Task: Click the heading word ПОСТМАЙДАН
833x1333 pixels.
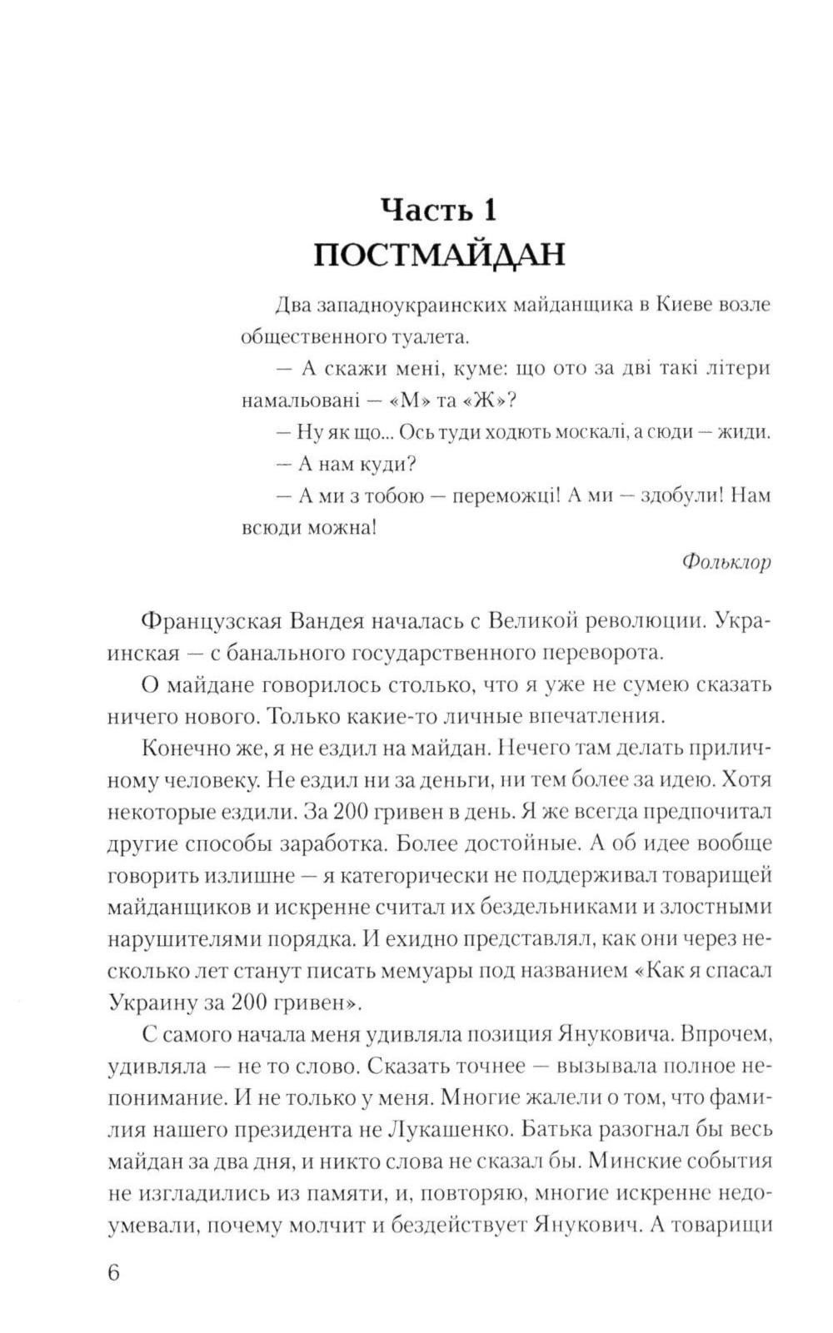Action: tap(439, 255)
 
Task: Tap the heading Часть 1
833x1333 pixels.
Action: tap(439, 209)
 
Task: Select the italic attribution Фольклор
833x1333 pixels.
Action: tap(726, 562)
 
